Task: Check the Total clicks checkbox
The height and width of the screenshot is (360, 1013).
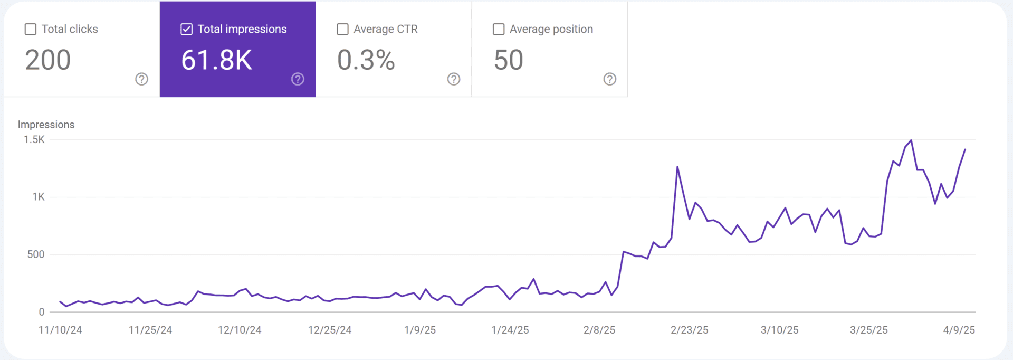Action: (x=31, y=30)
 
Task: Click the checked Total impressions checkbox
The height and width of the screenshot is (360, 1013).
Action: (x=186, y=30)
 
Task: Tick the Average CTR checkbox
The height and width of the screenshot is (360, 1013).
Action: (x=342, y=30)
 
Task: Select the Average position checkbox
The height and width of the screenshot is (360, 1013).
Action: (x=499, y=30)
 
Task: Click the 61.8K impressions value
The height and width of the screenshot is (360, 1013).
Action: (x=217, y=60)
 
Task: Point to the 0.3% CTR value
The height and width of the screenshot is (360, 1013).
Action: (x=366, y=60)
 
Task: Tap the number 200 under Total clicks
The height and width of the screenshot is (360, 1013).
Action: (x=48, y=60)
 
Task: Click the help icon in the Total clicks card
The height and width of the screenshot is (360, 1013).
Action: (x=141, y=79)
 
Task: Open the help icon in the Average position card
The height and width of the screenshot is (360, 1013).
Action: (x=609, y=79)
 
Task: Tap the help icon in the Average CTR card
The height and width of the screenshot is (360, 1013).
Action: (x=454, y=79)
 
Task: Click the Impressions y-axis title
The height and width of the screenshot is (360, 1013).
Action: (x=46, y=125)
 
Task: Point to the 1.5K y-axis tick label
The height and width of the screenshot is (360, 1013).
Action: (x=34, y=140)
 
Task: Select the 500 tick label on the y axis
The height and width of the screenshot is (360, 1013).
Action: (x=36, y=254)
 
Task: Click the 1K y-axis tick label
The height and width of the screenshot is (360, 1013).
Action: (x=39, y=197)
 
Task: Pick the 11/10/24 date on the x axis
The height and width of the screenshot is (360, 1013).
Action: (x=60, y=330)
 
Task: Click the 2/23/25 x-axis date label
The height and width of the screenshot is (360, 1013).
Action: (x=689, y=330)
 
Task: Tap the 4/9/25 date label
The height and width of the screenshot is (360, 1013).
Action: (x=959, y=330)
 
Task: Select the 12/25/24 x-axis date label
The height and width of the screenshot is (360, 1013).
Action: (x=330, y=330)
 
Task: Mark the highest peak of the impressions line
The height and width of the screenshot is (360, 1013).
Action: (x=911, y=140)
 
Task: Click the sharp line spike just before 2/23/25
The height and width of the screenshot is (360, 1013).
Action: (x=677, y=167)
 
